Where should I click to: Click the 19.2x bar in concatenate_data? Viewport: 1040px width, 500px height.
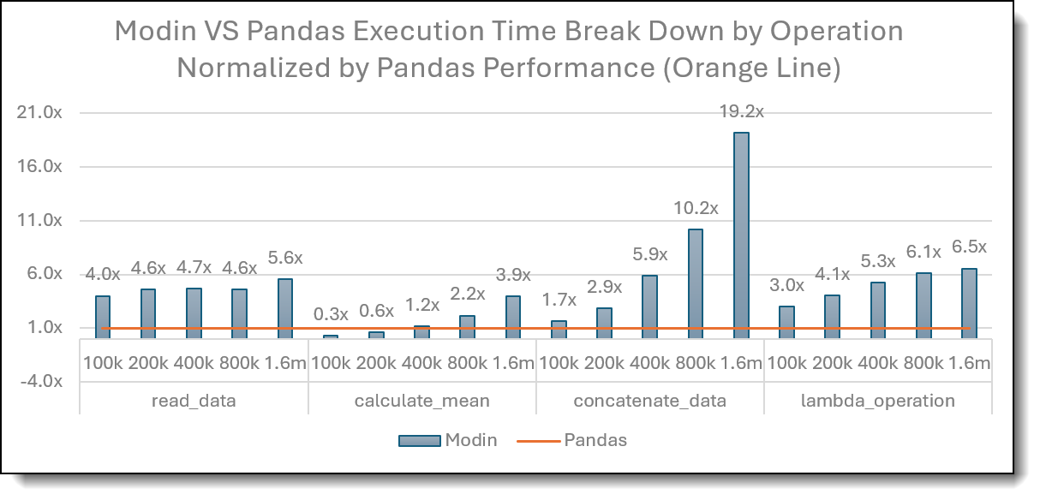[x=741, y=235]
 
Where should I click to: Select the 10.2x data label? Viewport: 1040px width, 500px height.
[x=696, y=209]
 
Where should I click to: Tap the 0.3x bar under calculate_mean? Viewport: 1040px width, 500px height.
[x=331, y=336]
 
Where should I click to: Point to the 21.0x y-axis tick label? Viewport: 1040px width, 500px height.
[x=39, y=112]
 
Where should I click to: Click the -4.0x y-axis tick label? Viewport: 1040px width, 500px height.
[x=41, y=381]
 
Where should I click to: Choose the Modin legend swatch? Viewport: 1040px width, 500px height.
[x=419, y=441]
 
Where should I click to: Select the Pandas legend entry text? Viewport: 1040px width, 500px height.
[x=595, y=440]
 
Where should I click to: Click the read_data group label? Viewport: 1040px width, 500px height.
[x=194, y=401]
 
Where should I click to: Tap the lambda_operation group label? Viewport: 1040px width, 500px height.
[x=877, y=401]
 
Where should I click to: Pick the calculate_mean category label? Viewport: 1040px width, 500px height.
[x=422, y=401]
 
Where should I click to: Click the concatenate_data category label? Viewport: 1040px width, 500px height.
[x=650, y=401]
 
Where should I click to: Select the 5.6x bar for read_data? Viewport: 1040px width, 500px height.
[x=285, y=309]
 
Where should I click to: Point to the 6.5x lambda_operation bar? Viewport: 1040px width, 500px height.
[x=969, y=304]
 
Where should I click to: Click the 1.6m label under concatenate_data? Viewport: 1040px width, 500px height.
[x=741, y=363]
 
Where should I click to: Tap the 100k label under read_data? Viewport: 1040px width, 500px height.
[x=103, y=363]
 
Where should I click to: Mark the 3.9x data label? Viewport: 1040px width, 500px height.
[x=513, y=275]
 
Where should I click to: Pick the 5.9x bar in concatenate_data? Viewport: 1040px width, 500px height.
[x=649, y=307]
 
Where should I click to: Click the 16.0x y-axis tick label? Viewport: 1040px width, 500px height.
[x=39, y=166]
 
